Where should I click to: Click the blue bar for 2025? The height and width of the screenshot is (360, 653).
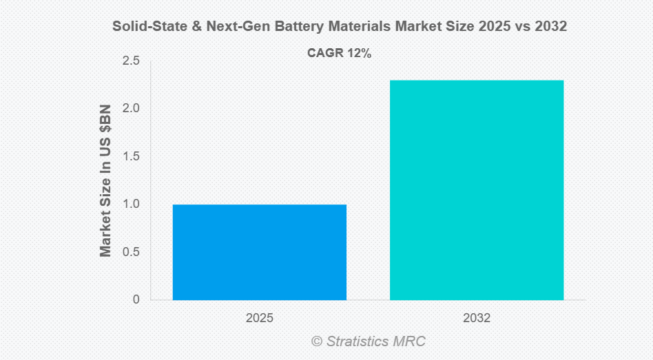pyautogui.click(x=259, y=252)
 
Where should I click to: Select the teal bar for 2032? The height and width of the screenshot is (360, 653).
pyautogui.click(x=477, y=190)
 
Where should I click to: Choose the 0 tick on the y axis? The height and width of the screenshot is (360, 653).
pyautogui.click(x=135, y=299)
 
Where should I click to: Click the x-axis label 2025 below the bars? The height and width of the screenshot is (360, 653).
pyautogui.click(x=259, y=319)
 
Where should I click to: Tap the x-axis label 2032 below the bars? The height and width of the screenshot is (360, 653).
pyautogui.click(x=477, y=319)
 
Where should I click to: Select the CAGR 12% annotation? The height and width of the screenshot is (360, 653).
pyautogui.click(x=339, y=54)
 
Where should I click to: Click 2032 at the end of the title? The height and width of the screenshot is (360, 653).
pyautogui.click(x=551, y=27)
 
